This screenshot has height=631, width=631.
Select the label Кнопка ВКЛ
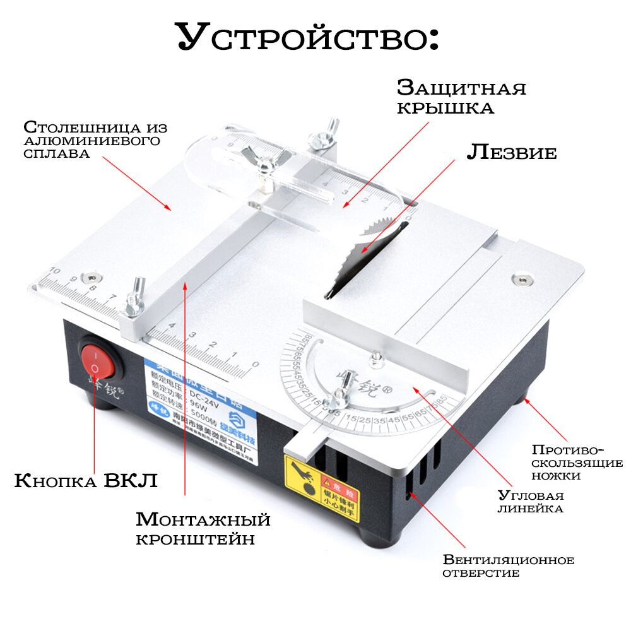tap(85, 481)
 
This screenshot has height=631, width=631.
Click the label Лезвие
tap(512, 152)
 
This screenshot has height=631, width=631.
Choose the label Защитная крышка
tap(461, 97)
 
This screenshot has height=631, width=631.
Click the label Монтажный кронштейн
tap(203, 529)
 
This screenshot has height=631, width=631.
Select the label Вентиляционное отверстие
tap(508, 566)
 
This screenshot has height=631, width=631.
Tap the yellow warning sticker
tap(322, 488)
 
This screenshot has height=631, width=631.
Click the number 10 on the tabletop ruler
tap(54, 271)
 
